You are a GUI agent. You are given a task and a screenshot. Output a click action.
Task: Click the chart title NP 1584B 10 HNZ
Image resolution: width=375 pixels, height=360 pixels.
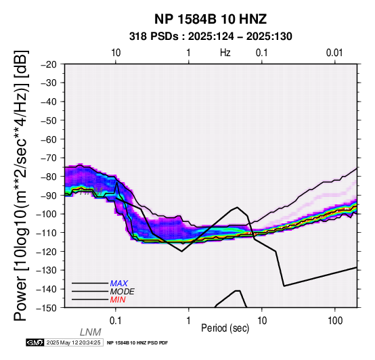(x=211, y=19)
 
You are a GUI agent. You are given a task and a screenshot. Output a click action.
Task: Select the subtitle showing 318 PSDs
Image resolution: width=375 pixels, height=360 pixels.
(x=211, y=37)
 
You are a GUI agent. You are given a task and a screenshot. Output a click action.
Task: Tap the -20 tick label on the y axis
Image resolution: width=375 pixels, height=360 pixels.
(x=49, y=64)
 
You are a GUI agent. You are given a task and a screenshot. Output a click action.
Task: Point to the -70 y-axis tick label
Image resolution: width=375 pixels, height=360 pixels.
(x=49, y=158)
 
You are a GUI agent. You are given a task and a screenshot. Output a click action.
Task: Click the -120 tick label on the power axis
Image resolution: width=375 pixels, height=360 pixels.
(x=47, y=251)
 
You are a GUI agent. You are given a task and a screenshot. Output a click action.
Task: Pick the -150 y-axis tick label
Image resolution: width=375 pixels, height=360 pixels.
(x=47, y=307)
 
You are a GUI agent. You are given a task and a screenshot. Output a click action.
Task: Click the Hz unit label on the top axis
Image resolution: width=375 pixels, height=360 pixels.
(x=225, y=53)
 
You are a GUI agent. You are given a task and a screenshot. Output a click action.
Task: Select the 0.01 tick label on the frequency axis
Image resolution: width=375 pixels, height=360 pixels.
(x=334, y=53)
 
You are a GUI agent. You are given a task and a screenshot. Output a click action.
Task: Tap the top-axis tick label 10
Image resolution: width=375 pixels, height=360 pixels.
(x=116, y=53)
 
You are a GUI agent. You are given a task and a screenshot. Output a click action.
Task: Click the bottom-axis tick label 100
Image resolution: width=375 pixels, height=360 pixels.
(x=335, y=321)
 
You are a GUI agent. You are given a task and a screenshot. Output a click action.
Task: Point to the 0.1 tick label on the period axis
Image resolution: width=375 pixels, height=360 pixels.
(x=116, y=321)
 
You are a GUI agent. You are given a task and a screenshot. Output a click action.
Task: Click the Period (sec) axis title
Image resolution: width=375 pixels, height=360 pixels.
(x=225, y=328)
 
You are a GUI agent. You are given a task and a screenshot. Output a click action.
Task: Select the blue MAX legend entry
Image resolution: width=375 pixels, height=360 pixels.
(x=119, y=284)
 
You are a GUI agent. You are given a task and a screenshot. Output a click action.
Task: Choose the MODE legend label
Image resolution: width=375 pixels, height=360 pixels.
(x=123, y=292)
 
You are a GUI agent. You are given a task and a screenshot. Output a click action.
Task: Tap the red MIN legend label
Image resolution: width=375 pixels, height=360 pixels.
(x=118, y=300)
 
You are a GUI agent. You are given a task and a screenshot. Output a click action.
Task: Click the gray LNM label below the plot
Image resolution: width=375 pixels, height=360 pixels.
(x=91, y=332)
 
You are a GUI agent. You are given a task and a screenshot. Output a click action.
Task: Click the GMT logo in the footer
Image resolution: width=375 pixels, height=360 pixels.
(x=35, y=342)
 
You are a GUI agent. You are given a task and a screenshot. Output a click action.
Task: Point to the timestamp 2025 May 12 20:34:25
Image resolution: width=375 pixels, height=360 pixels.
(x=73, y=342)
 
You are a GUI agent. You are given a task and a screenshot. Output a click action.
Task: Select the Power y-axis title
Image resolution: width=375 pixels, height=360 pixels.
(x=21, y=185)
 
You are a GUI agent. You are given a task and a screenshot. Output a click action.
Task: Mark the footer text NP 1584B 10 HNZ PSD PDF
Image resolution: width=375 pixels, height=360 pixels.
(x=137, y=343)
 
